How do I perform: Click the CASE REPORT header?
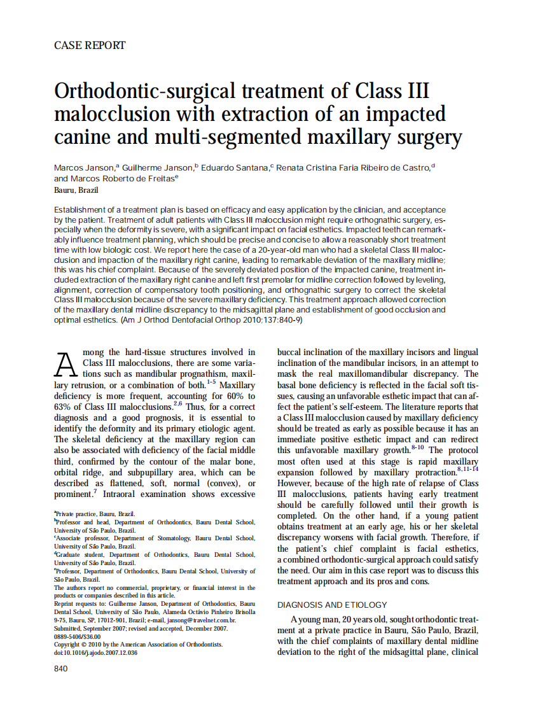tap(90, 45)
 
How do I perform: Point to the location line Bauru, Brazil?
tap(76, 190)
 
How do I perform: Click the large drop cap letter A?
tap(67, 365)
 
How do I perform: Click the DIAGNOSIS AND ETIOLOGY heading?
tap(332, 605)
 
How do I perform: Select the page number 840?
tap(61, 669)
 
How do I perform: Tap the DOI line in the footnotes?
tap(95, 653)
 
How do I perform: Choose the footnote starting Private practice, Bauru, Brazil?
tap(95, 514)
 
